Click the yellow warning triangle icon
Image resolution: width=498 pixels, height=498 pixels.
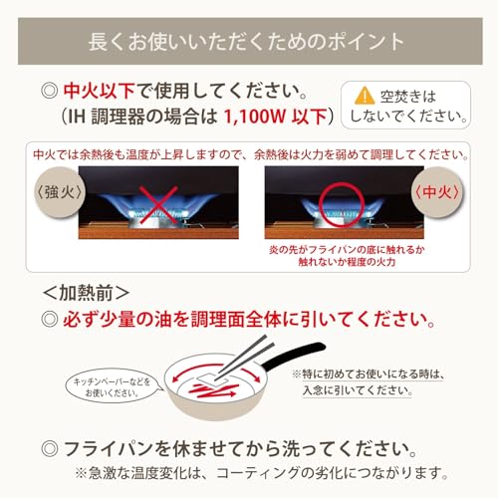tap(365, 96)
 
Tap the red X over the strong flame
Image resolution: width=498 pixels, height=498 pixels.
tap(158, 205)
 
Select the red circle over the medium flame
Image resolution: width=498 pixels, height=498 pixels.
tap(342, 205)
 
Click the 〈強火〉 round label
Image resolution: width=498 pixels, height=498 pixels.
tap(59, 192)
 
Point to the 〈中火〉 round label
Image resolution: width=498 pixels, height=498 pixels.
tap(437, 192)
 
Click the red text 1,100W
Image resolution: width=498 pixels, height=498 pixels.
tap(255, 117)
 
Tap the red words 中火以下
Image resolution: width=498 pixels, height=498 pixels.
tap(99, 91)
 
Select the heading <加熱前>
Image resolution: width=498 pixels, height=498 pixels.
tap(86, 293)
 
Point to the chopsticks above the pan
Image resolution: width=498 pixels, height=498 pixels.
tap(243, 356)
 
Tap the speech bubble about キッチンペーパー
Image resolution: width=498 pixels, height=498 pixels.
tap(113, 387)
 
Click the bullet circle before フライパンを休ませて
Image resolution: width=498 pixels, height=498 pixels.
tap(50, 449)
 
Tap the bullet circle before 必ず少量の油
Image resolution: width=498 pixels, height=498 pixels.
tap(50, 319)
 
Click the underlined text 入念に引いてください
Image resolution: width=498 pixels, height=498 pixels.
tap(358, 390)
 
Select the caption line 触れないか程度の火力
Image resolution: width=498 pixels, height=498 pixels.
tap(347, 262)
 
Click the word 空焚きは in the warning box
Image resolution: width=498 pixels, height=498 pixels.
tap(408, 97)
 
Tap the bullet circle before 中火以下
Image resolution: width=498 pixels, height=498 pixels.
tap(50, 91)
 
